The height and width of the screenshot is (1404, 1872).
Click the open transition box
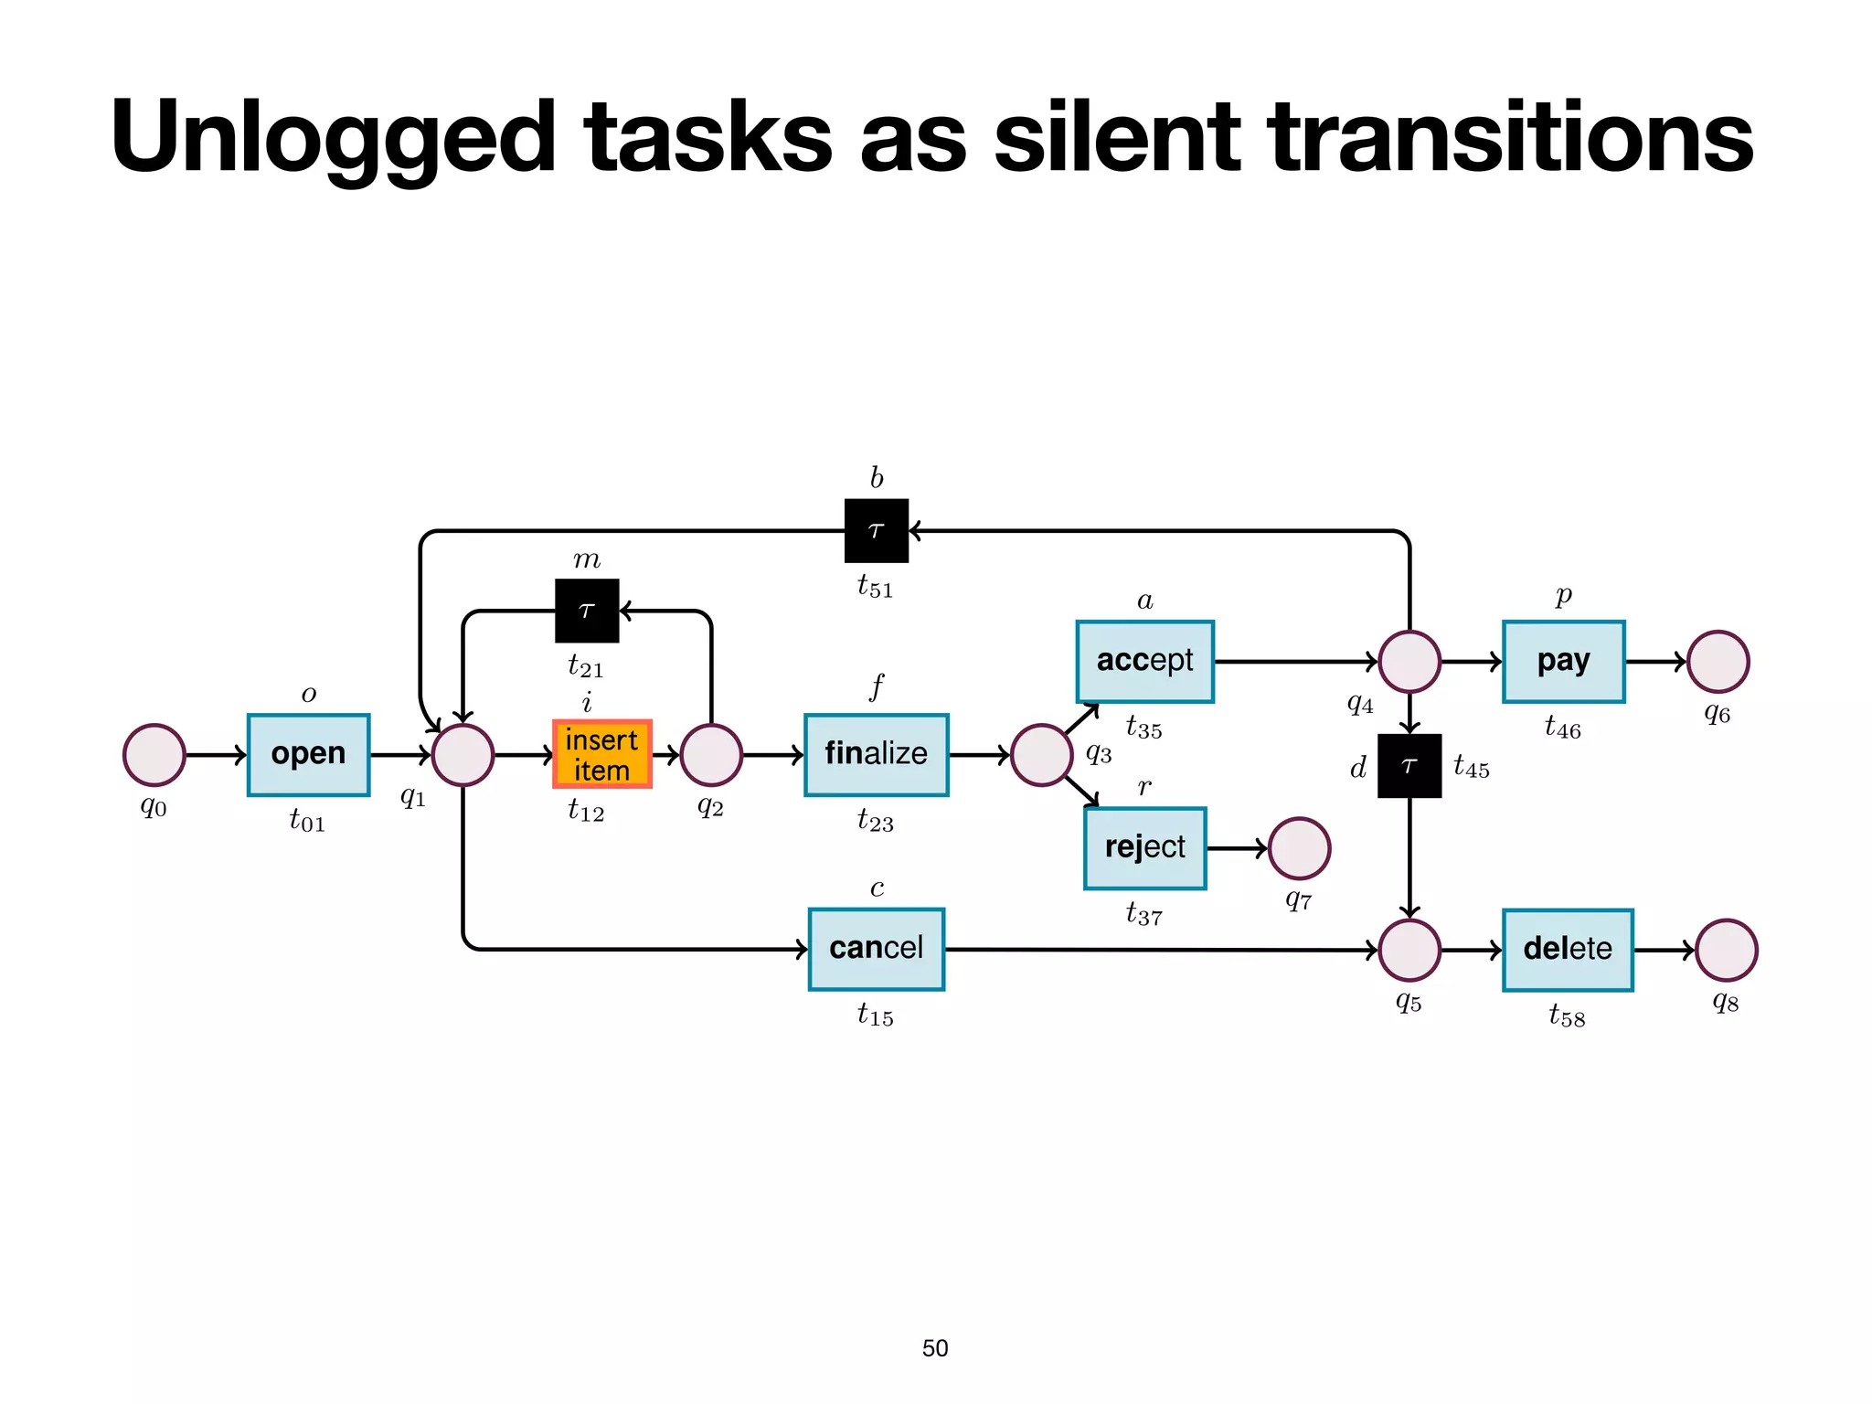(x=308, y=755)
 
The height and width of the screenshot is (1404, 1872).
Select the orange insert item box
(x=601, y=755)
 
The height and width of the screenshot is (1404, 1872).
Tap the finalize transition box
(x=876, y=755)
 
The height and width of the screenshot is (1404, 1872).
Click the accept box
(x=1144, y=661)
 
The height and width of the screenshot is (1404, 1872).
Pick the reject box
(x=1144, y=848)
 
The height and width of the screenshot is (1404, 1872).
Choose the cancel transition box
(x=876, y=949)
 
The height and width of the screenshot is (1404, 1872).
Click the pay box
(x=1563, y=661)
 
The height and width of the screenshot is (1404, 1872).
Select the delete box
(x=1567, y=950)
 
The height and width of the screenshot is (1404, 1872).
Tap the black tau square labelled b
(x=876, y=530)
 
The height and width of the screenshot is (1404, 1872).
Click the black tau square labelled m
(x=587, y=611)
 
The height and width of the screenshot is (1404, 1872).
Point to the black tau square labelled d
(x=1409, y=766)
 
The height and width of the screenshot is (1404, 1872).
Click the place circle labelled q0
(x=154, y=755)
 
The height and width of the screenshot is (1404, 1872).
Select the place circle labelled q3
(x=1041, y=755)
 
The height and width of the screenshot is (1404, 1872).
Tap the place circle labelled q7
(x=1299, y=848)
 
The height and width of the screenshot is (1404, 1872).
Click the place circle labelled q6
(x=1718, y=661)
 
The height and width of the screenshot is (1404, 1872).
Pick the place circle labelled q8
(x=1726, y=950)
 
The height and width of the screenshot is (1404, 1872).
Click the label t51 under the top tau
(x=875, y=586)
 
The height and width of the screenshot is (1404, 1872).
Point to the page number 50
(x=935, y=1348)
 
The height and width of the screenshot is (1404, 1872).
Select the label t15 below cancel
(x=875, y=1015)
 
